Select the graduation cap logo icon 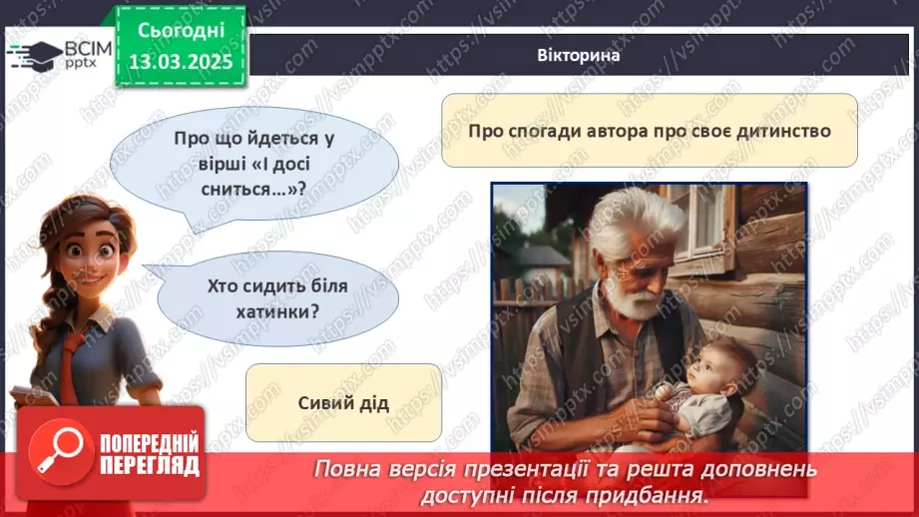pos(34,55)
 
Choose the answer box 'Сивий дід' pos(342,403)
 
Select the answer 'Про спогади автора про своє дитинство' pos(649,131)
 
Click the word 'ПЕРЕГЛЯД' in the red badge pos(149,465)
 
